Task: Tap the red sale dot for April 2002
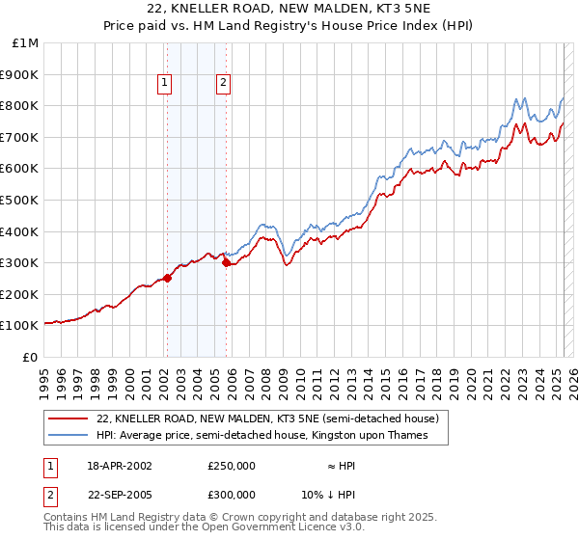[167, 278]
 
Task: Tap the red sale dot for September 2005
[226, 262]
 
